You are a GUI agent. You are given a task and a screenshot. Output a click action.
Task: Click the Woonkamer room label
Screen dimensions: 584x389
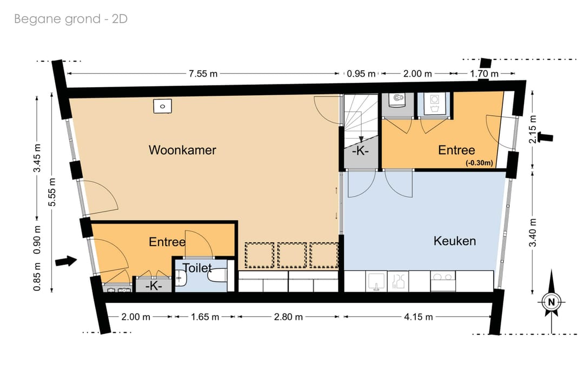click(x=182, y=150)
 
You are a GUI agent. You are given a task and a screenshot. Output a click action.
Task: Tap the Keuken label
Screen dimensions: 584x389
click(x=454, y=241)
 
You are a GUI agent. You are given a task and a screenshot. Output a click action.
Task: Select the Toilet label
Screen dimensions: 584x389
click(x=197, y=268)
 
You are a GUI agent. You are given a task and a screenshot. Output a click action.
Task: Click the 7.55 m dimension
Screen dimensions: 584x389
click(x=203, y=74)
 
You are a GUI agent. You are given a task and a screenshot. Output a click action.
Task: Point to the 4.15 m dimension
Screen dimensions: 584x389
click(x=418, y=317)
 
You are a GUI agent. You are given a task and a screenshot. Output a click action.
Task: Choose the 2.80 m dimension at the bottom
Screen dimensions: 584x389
click(x=288, y=317)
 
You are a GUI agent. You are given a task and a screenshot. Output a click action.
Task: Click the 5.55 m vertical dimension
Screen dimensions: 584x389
click(x=52, y=192)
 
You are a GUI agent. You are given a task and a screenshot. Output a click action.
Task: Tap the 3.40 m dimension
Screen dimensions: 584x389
click(x=533, y=233)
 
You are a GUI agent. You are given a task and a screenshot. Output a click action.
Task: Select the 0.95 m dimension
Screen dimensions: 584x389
click(x=361, y=74)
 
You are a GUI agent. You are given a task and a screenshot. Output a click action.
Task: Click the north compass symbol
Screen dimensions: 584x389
click(x=552, y=302)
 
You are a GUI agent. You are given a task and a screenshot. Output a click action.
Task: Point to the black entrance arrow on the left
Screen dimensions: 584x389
click(x=66, y=261)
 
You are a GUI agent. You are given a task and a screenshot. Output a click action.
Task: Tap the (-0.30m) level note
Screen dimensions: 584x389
click(x=479, y=162)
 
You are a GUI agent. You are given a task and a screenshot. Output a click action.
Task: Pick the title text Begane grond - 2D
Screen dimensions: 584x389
click(x=71, y=18)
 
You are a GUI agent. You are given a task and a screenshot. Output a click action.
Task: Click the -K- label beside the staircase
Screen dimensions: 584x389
click(x=360, y=151)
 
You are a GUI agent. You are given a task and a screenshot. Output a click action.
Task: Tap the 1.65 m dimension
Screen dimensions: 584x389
click(x=205, y=317)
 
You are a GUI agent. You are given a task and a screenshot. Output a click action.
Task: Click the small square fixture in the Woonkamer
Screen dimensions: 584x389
click(x=162, y=106)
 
